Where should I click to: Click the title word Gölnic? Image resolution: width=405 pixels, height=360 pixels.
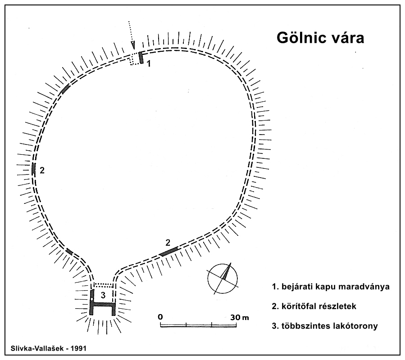point(299,38)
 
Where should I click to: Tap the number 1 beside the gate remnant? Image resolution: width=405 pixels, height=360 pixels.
point(149,63)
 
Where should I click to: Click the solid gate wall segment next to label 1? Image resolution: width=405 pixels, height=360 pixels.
point(141,58)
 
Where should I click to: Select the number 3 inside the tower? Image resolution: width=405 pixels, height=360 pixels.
point(103,295)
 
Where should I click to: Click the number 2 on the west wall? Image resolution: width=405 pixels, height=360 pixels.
point(42,170)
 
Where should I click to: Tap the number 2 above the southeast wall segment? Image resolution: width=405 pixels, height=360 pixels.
point(168,243)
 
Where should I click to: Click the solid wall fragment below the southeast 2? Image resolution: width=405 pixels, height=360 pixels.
point(168,251)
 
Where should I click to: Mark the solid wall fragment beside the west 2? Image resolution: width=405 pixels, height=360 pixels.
point(33,169)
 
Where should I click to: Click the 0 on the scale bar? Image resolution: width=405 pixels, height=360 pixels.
point(160,317)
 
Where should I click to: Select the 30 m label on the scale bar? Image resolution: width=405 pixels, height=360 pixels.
point(239,317)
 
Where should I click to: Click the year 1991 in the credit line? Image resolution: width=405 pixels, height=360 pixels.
point(78,348)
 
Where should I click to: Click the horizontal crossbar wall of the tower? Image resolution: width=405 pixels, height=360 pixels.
point(102,305)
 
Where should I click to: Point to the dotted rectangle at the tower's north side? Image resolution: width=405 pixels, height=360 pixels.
point(104,285)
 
